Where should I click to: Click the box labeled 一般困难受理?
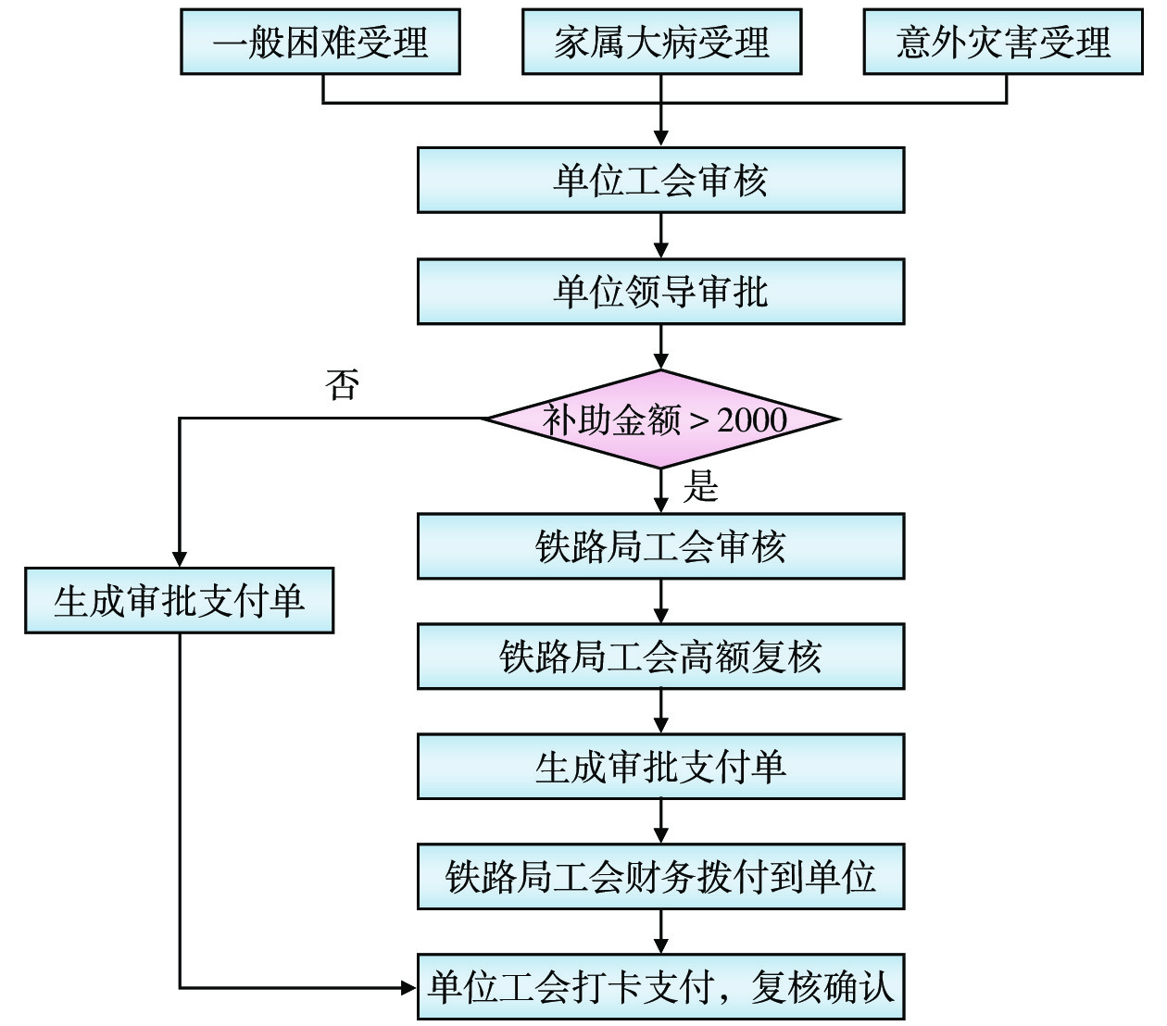tap(320, 43)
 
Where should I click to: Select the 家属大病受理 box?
tap(661, 43)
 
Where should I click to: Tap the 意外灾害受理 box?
tap(1003, 43)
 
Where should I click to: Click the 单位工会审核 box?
tap(660, 180)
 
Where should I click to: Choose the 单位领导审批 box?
tap(660, 292)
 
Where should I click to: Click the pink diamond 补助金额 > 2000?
tap(661, 419)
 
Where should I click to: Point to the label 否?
tap(343, 385)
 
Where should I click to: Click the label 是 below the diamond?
tap(701, 486)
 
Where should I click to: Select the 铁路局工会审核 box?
tap(660, 546)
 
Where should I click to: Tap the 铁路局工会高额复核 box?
tap(660, 657)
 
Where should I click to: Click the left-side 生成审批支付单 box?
tap(179, 601)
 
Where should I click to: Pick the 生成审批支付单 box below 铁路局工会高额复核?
tap(660, 767)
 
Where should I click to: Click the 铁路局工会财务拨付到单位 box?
tap(660, 876)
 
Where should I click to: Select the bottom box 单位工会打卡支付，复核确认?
tap(660, 986)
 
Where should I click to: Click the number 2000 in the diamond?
tap(752, 420)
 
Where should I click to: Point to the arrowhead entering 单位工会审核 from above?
tap(661, 138)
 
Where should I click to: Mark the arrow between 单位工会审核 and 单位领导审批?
tap(661, 236)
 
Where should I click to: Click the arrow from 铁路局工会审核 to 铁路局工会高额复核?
tap(661, 602)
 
